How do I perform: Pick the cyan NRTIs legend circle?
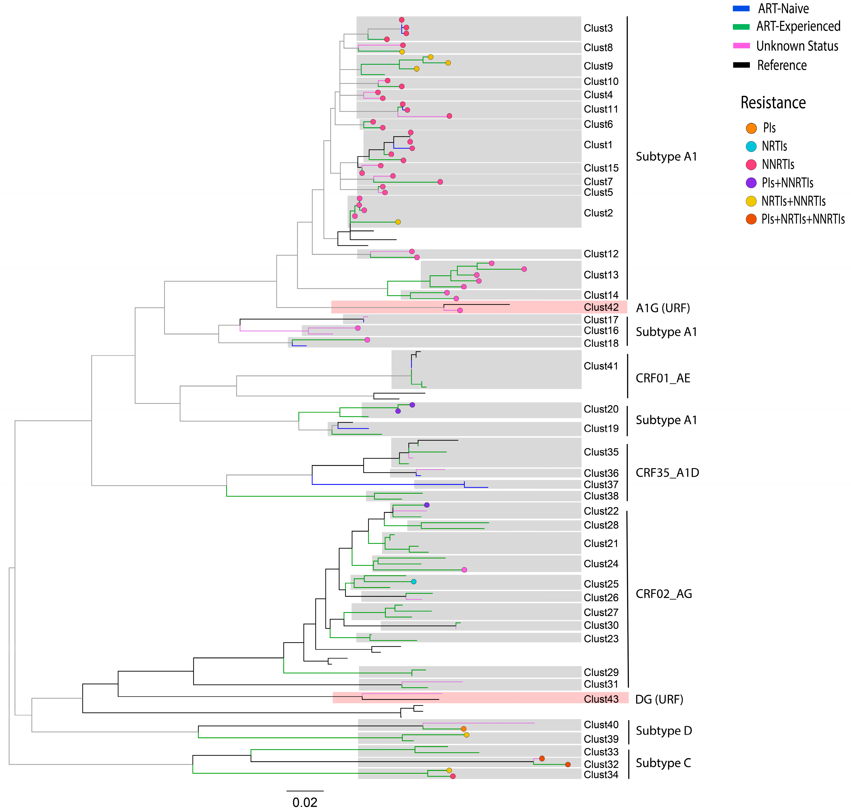click(751, 147)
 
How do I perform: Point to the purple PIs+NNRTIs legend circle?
click(751, 183)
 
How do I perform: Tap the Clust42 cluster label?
click(601, 307)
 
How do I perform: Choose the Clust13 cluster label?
click(601, 275)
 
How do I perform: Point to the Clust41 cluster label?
click(601, 366)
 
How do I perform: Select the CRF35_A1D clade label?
click(667, 473)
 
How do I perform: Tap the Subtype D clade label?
click(663, 731)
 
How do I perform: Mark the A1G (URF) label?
click(662, 308)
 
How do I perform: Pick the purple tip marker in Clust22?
click(426, 505)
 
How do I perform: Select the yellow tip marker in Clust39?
click(466, 735)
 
